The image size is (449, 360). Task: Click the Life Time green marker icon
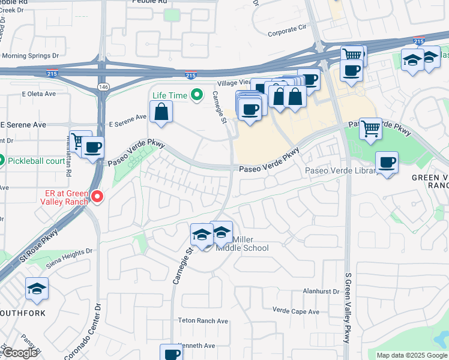(196, 95)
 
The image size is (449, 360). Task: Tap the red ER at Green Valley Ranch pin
(96, 196)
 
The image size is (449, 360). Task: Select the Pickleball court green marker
(2, 161)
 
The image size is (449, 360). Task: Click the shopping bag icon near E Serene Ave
(161, 112)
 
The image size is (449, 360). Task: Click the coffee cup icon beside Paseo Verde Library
(387, 162)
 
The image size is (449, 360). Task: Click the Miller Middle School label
(242, 244)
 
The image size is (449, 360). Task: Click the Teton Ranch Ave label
(203, 321)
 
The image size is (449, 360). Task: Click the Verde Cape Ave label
(296, 311)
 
